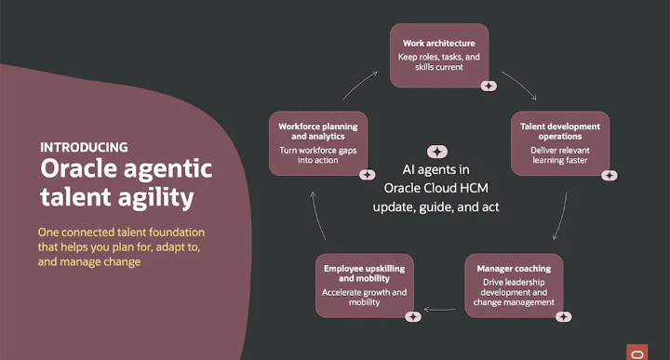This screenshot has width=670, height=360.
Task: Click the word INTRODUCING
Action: tap(84, 147)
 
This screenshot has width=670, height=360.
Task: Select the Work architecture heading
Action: tap(439, 43)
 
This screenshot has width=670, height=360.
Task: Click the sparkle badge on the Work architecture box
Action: tap(489, 86)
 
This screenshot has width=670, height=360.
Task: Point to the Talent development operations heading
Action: tap(560, 131)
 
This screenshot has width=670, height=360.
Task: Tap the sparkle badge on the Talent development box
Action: tap(610, 175)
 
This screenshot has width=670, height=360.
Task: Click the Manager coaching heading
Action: tap(514, 269)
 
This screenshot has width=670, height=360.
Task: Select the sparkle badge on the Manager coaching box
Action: tap(563, 317)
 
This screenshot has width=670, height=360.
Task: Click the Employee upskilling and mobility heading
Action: tap(364, 273)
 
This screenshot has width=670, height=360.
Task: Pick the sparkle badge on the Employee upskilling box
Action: tap(413, 317)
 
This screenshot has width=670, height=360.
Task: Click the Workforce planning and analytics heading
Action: tap(318, 131)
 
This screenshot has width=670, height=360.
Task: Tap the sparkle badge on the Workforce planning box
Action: tap(367, 175)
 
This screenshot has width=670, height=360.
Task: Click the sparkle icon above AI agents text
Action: tap(437, 152)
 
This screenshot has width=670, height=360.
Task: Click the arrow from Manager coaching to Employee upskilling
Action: tap(439, 310)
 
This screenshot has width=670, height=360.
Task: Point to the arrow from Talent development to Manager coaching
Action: tap(561, 216)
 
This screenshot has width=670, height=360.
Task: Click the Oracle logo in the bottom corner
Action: tap(637, 353)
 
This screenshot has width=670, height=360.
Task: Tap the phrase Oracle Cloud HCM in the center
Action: tap(435, 188)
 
